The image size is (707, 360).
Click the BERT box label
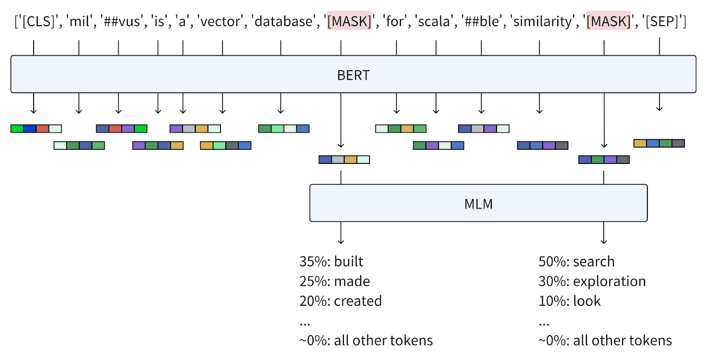click(353, 75)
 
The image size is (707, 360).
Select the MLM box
click(478, 203)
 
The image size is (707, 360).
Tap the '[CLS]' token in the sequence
click(38, 21)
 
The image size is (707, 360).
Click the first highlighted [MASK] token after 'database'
click(349, 21)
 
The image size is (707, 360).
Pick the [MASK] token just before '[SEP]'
click(608, 21)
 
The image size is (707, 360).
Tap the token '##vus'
click(122, 21)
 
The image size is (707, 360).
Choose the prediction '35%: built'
click(331, 261)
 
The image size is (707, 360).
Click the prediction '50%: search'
click(576, 261)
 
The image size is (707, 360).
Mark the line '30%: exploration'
click(592, 281)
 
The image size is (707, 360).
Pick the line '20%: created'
click(340, 301)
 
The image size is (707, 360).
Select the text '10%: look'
click(569, 301)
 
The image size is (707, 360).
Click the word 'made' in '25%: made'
click(352, 281)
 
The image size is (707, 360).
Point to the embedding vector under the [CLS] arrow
click(36, 129)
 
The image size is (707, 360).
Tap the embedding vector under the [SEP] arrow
click(659, 143)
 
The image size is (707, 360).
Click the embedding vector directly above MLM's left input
click(344, 159)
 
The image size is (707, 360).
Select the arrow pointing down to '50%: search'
click(604, 233)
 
